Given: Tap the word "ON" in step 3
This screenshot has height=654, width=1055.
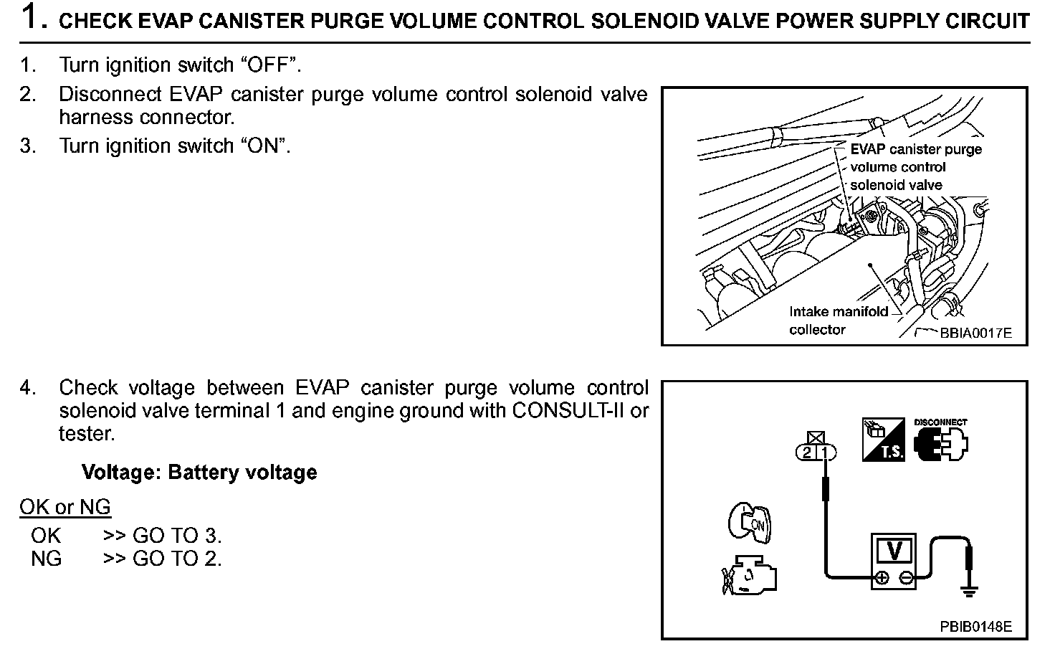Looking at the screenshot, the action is click(263, 146).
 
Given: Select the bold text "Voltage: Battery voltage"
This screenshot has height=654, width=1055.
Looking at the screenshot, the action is click(199, 473).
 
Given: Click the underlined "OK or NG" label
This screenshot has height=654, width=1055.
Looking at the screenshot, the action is click(65, 508).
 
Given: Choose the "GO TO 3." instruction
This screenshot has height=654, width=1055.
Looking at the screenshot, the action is click(177, 536).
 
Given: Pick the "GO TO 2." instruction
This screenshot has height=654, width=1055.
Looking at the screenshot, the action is click(177, 559).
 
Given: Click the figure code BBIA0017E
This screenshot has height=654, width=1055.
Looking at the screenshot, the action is click(975, 333).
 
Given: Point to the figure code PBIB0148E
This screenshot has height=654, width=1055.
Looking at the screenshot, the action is click(975, 627).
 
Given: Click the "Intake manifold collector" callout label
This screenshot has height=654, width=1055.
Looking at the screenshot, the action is click(838, 321).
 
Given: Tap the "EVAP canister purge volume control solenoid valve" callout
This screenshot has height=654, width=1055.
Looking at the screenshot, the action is click(915, 167).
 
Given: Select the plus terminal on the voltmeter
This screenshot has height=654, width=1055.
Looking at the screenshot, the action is click(882, 577).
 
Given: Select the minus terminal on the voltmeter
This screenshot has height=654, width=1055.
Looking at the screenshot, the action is click(907, 577).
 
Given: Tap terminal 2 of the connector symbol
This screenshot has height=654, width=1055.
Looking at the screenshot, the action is click(808, 452).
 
